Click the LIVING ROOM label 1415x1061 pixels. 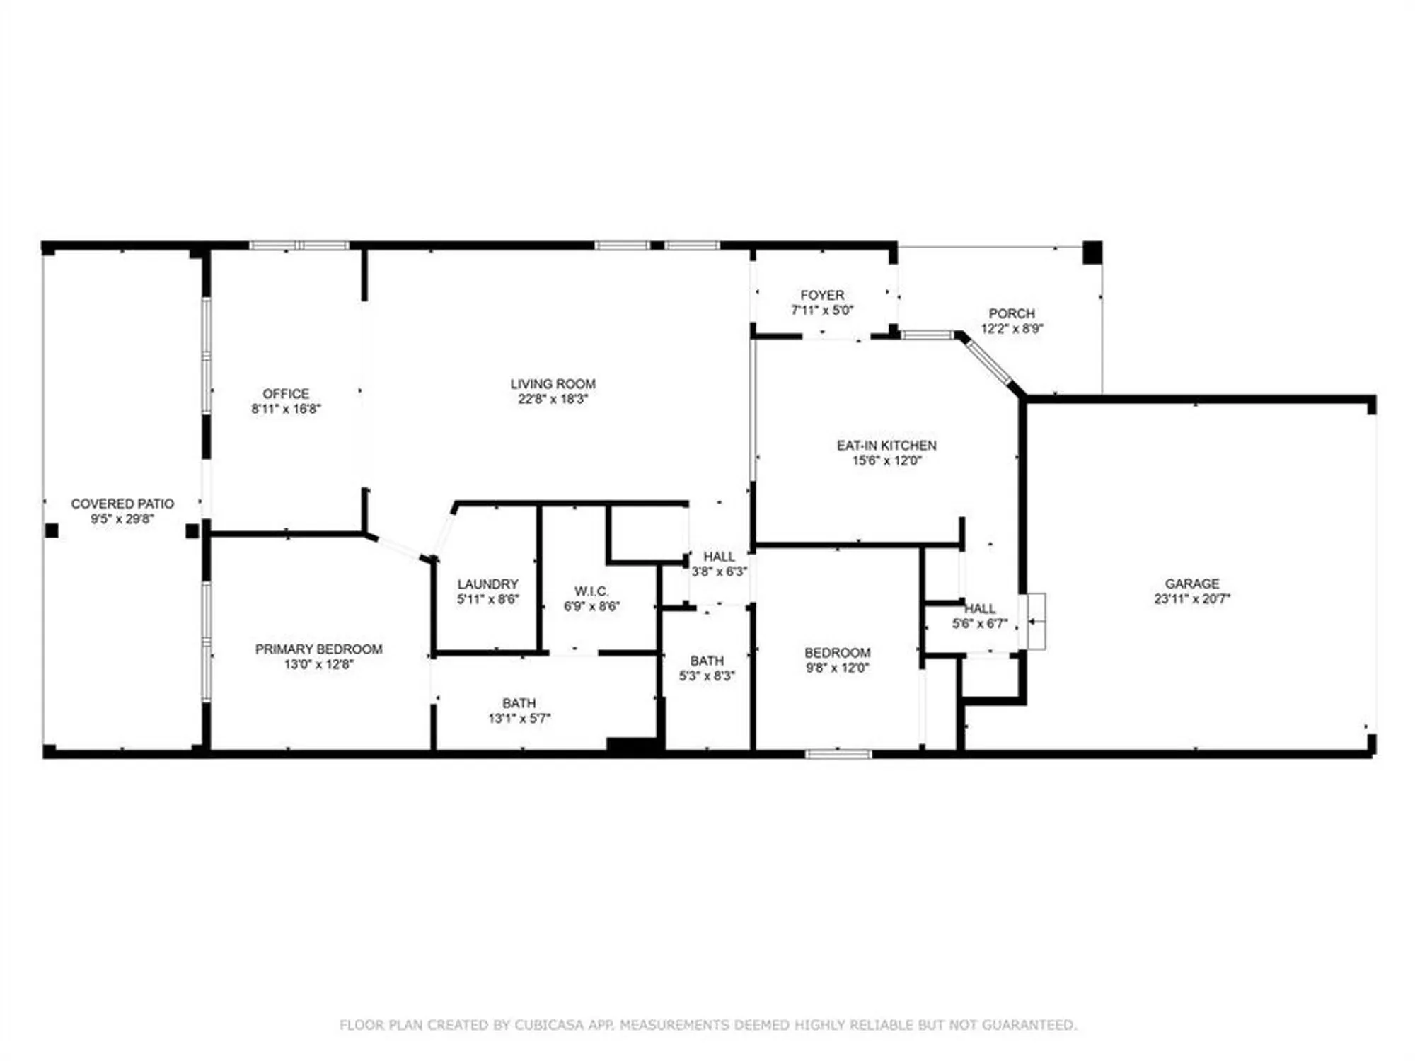pyautogui.click(x=553, y=383)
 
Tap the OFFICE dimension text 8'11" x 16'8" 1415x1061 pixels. pyautogui.click(x=286, y=409)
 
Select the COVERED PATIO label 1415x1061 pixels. pyautogui.click(x=122, y=504)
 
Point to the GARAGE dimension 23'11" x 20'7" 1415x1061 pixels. pyautogui.click(x=1192, y=598)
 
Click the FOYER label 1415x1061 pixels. pyautogui.click(x=822, y=295)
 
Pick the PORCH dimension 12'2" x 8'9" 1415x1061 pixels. pyautogui.click(x=1012, y=328)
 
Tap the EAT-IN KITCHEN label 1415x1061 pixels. pyautogui.click(x=886, y=445)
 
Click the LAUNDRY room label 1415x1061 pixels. pyautogui.click(x=487, y=584)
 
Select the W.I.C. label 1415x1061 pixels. pyautogui.click(x=591, y=591)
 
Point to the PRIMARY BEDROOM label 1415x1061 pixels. pyautogui.click(x=318, y=649)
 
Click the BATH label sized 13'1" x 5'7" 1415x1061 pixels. pyautogui.click(x=519, y=703)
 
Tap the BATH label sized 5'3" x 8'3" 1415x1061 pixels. pyautogui.click(x=707, y=661)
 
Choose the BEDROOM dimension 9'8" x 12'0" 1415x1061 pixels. pyautogui.click(x=837, y=668)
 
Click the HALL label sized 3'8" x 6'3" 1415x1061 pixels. pyautogui.click(x=719, y=557)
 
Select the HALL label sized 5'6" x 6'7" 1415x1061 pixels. pyautogui.click(x=980, y=608)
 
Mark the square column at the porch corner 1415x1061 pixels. pyautogui.click(x=1092, y=253)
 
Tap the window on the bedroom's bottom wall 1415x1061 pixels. pyautogui.click(x=838, y=754)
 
